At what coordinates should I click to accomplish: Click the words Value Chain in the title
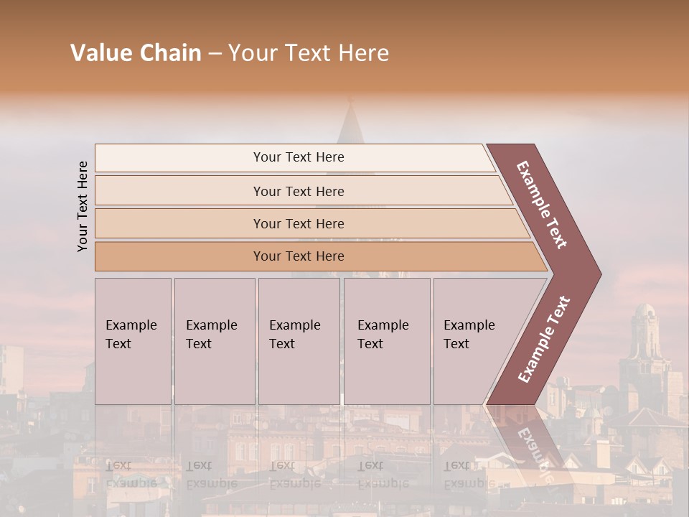[136, 53]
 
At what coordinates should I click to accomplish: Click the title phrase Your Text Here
[309, 53]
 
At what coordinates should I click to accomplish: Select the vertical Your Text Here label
[83, 206]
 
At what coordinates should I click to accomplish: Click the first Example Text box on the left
[133, 341]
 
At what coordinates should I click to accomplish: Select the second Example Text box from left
[214, 341]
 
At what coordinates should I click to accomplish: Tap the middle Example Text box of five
[299, 341]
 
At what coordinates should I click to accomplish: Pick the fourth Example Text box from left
[386, 341]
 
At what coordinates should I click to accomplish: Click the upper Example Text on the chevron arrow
[542, 204]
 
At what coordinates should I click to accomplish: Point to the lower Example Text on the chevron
[544, 339]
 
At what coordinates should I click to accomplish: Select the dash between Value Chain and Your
[215, 54]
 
